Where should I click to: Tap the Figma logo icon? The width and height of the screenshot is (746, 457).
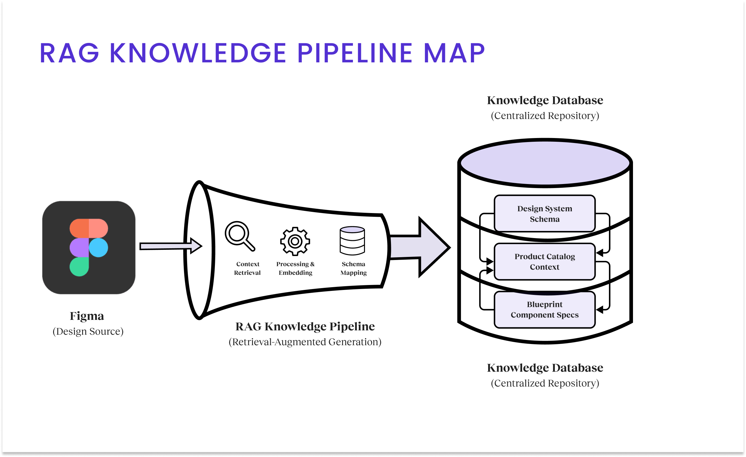(x=89, y=247)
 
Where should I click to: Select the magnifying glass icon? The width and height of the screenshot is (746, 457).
(x=240, y=236)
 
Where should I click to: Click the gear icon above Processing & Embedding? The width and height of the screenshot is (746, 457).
(x=295, y=241)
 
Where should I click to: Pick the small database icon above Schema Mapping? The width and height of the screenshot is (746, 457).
(x=352, y=241)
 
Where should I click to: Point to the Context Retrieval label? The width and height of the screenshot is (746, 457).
(x=247, y=268)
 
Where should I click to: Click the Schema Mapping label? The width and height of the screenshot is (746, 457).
(x=354, y=268)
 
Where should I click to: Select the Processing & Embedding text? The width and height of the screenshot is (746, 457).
(x=295, y=268)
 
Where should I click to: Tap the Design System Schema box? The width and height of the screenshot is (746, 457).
(x=545, y=214)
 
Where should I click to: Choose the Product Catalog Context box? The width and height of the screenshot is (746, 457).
(x=545, y=262)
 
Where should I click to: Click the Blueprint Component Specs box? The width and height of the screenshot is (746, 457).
(x=545, y=309)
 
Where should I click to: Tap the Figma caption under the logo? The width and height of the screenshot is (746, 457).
(x=87, y=316)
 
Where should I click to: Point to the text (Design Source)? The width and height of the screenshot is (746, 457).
(x=88, y=331)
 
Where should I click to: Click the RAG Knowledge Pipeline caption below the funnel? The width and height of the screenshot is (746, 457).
(x=305, y=326)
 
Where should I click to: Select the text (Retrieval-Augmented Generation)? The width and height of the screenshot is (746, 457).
(x=305, y=342)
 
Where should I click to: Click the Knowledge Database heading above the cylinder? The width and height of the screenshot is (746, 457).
(x=545, y=100)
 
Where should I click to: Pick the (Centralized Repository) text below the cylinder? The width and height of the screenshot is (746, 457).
(x=545, y=383)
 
